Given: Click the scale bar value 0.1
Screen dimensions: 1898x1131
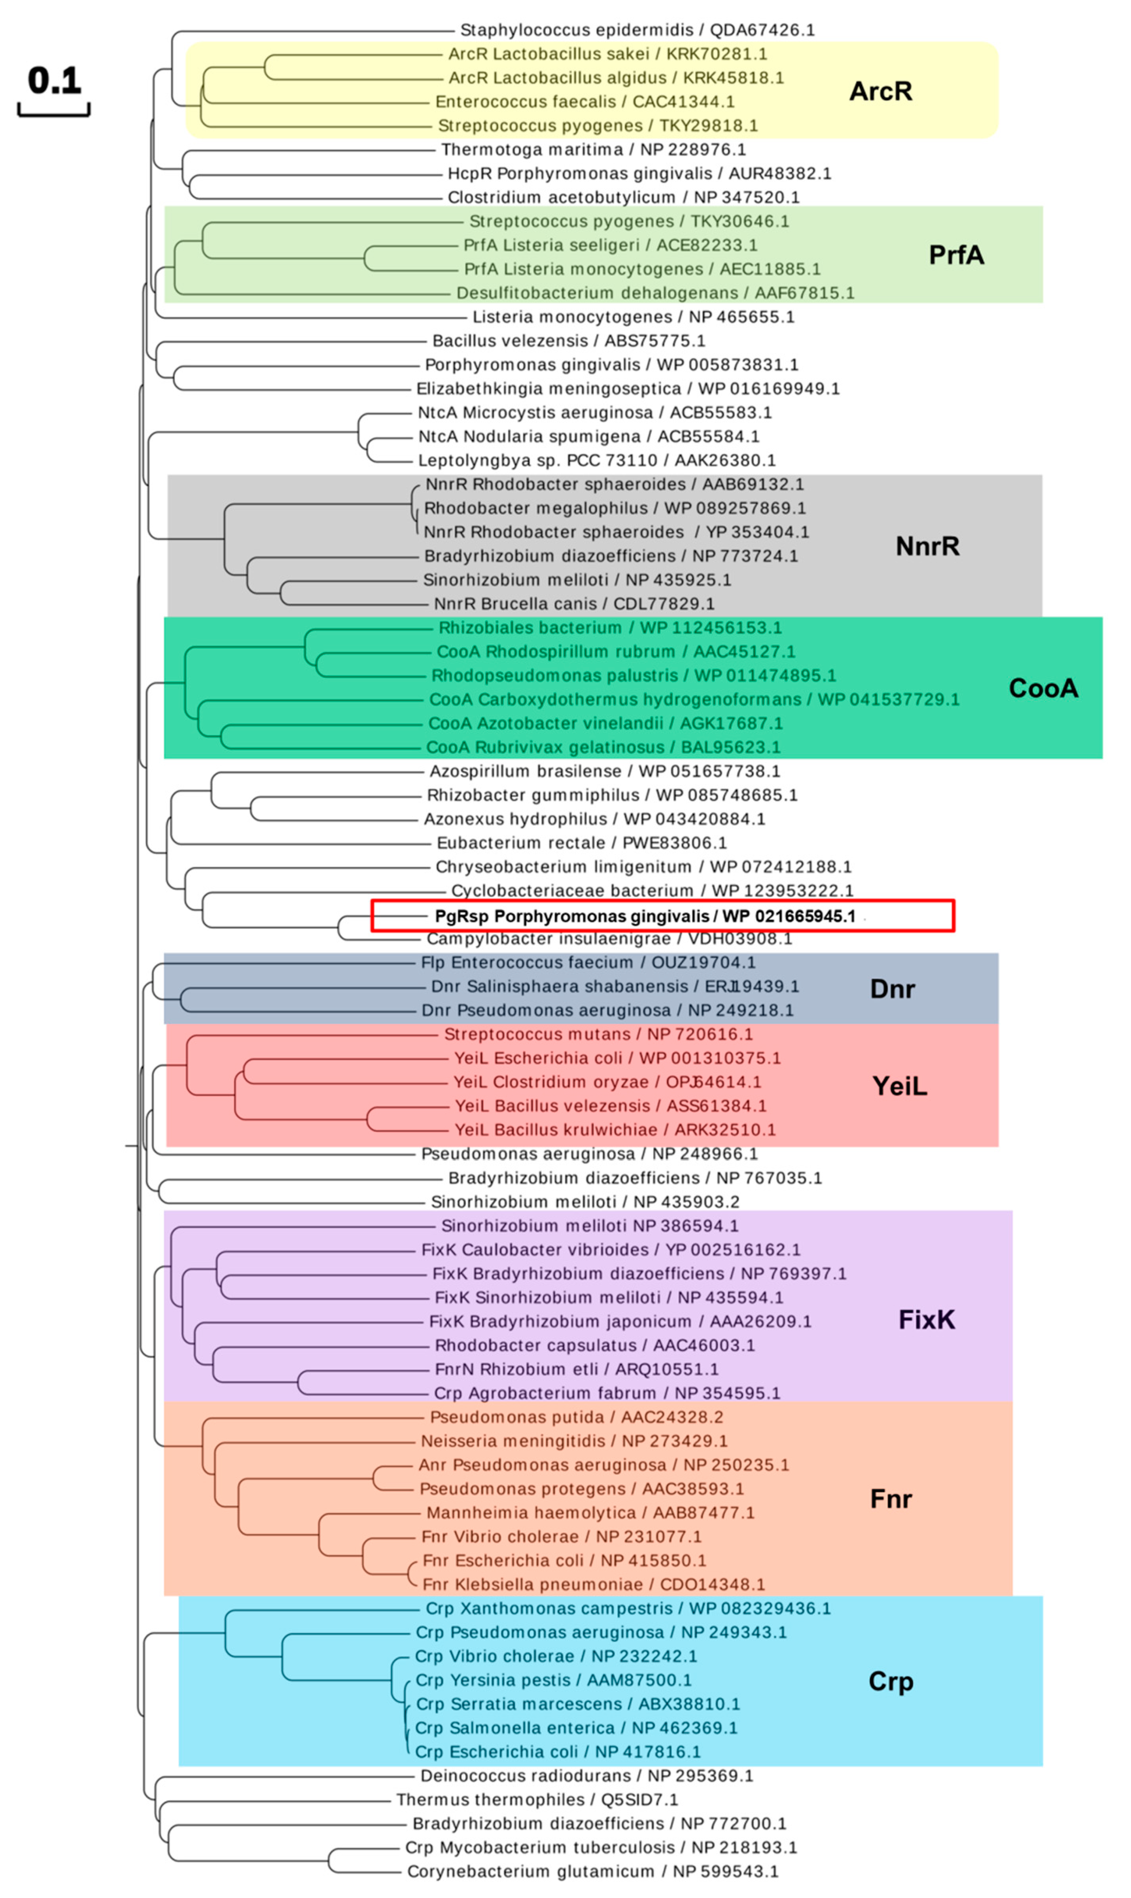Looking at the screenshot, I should click(54, 81).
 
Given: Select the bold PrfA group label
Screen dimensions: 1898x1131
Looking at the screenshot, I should click(956, 255).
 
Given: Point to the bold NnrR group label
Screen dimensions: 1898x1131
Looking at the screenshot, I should click(927, 546).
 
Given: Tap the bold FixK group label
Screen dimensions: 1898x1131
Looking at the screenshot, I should click(926, 1320).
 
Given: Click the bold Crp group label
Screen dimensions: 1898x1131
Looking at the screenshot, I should click(890, 1682).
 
